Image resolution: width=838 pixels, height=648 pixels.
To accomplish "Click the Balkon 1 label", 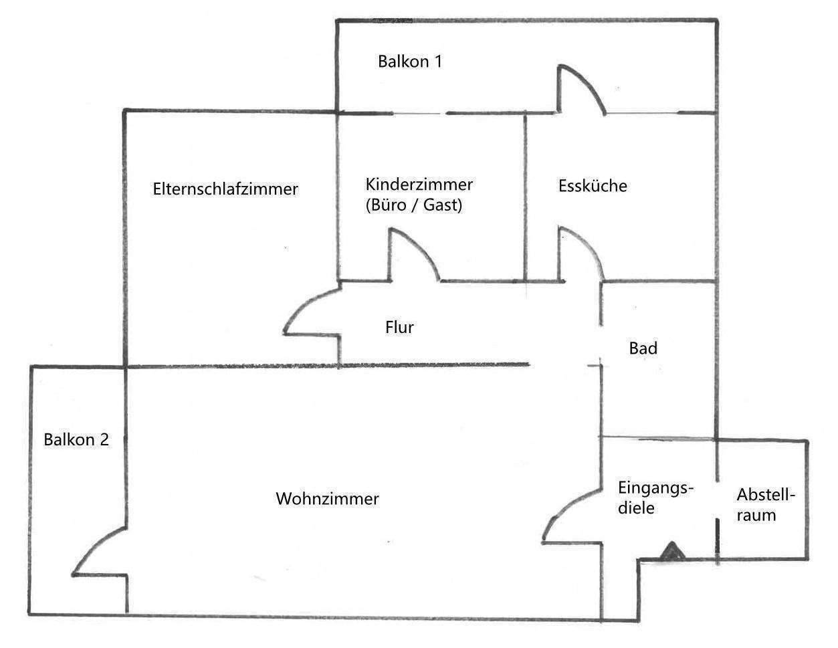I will [409, 62].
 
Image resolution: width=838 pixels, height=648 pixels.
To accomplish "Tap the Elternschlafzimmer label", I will [225, 189].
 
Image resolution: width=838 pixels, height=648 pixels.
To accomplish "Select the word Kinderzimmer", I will [419, 184].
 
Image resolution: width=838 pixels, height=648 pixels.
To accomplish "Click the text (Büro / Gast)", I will [414, 205].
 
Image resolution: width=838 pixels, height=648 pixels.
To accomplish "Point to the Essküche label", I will [593, 186].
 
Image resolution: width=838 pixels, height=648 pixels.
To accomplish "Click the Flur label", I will [399, 328].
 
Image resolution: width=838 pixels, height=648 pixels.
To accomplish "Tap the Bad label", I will [643, 348].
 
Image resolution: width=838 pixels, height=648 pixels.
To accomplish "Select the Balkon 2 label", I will [76, 440].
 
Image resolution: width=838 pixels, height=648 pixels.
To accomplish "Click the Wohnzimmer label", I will [327, 499].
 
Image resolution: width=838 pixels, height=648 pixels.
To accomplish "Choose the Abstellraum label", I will [766, 505].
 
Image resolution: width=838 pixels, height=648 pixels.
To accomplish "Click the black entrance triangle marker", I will [671, 552].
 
